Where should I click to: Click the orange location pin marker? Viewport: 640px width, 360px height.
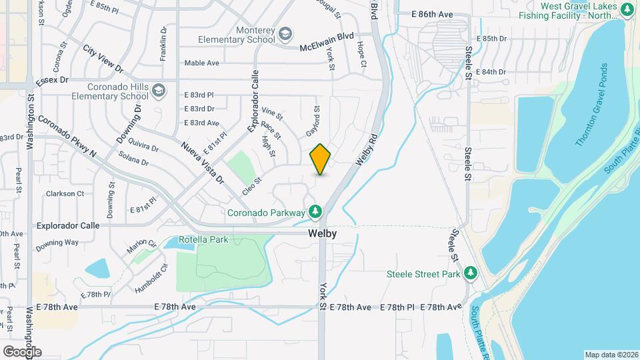pyautogui.click(x=321, y=159)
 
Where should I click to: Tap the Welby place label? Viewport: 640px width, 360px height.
pyautogui.click(x=322, y=234)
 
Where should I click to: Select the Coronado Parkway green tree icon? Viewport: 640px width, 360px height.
pyautogui.click(x=315, y=213)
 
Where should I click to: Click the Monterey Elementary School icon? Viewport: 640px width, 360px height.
pyautogui.click(x=285, y=33)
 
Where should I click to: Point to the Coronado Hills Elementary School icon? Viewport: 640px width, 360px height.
pyautogui.click(x=159, y=89)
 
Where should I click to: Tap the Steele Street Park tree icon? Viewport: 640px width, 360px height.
pyautogui.click(x=471, y=273)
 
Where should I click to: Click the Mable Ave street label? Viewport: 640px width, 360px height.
pyautogui.click(x=201, y=63)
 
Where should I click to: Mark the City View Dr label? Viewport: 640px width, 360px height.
pyautogui.click(x=103, y=59)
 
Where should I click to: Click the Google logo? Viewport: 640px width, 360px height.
pyautogui.click(x=22, y=351)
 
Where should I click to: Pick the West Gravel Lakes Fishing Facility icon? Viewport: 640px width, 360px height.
pyautogui.click(x=627, y=10)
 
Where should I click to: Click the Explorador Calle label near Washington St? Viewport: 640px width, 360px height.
pyautogui.click(x=68, y=225)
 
